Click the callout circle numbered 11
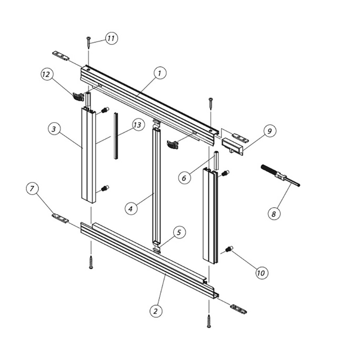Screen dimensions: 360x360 [111, 38]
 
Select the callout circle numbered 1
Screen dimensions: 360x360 [160, 73]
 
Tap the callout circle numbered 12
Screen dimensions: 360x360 [47, 74]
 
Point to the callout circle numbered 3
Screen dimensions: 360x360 [55, 129]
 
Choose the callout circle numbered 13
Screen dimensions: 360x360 [137, 125]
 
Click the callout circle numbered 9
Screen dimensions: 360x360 [270, 130]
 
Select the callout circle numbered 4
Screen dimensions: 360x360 [131, 208]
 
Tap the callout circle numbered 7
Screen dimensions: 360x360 [32, 189]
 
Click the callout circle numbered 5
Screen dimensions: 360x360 [179, 232]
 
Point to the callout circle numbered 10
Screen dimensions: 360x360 [261, 273]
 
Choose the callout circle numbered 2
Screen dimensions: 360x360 [155, 311]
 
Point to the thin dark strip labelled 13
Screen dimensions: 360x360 [115, 135]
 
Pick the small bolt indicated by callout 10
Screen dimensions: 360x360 [228, 249]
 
